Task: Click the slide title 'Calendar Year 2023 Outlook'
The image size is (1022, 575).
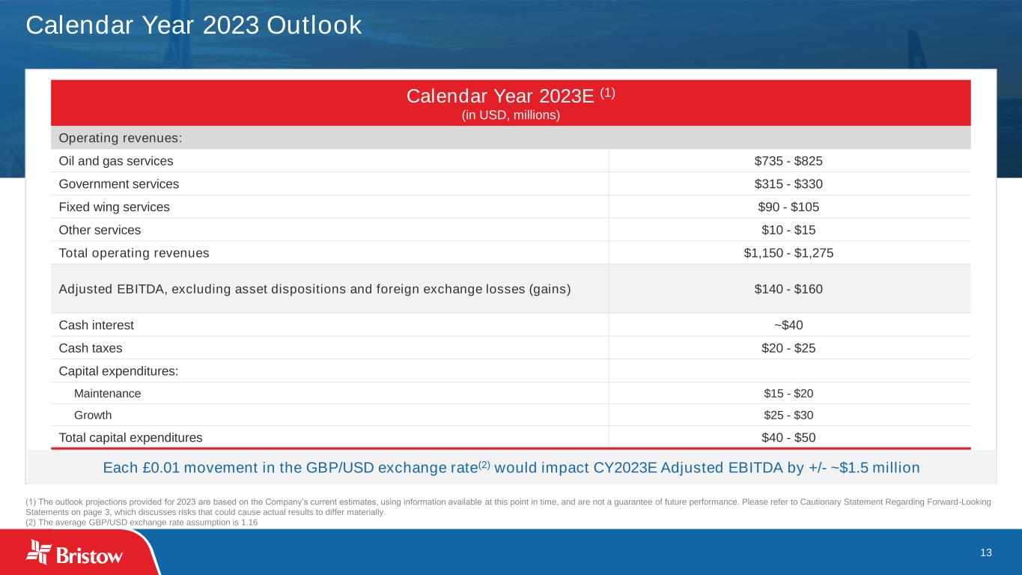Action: pos(193,25)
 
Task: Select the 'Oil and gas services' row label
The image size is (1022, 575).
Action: pos(116,161)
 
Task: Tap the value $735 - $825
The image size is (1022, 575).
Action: pos(788,161)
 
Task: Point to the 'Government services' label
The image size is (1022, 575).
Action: pos(118,184)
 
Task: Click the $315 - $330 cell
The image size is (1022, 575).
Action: pos(788,184)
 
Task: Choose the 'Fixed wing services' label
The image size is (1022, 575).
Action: pos(114,207)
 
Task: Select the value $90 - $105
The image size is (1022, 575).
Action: pos(788,207)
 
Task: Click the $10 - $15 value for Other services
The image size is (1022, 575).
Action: pos(788,230)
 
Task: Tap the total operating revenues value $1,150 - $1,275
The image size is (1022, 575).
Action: pos(788,253)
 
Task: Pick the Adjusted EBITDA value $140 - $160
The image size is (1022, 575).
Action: pos(788,289)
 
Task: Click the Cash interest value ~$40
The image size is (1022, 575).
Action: pos(788,325)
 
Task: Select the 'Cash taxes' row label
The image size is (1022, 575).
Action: pos(91,348)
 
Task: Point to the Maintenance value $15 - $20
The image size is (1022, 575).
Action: pos(788,393)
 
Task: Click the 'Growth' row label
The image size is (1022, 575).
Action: pos(93,416)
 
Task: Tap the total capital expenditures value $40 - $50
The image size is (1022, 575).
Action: pos(788,438)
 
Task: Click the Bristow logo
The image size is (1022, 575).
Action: pos(74,553)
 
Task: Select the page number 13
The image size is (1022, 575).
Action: pos(986,553)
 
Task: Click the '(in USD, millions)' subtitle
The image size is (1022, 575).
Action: pos(511,115)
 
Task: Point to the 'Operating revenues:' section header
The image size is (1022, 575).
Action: pos(121,138)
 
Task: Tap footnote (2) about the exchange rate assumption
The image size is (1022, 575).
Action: pos(142,523)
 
